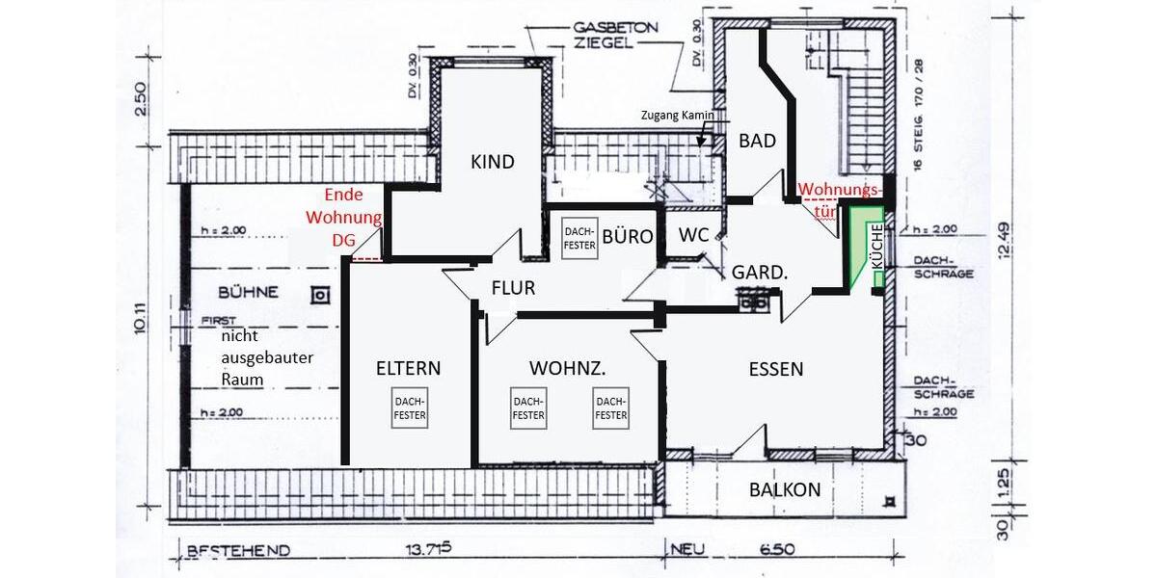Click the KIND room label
(492, 161)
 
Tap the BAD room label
(757, 141)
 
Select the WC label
(694, 235)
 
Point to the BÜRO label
(628, 235)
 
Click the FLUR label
(513, 287)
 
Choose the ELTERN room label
(408, 367)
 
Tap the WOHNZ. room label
(567, 367)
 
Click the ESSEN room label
(776, 368)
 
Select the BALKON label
(785, 489)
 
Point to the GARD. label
(760, 273)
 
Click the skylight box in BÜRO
(578, 238)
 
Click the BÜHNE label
(248, 291)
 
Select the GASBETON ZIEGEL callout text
(607, 36)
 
